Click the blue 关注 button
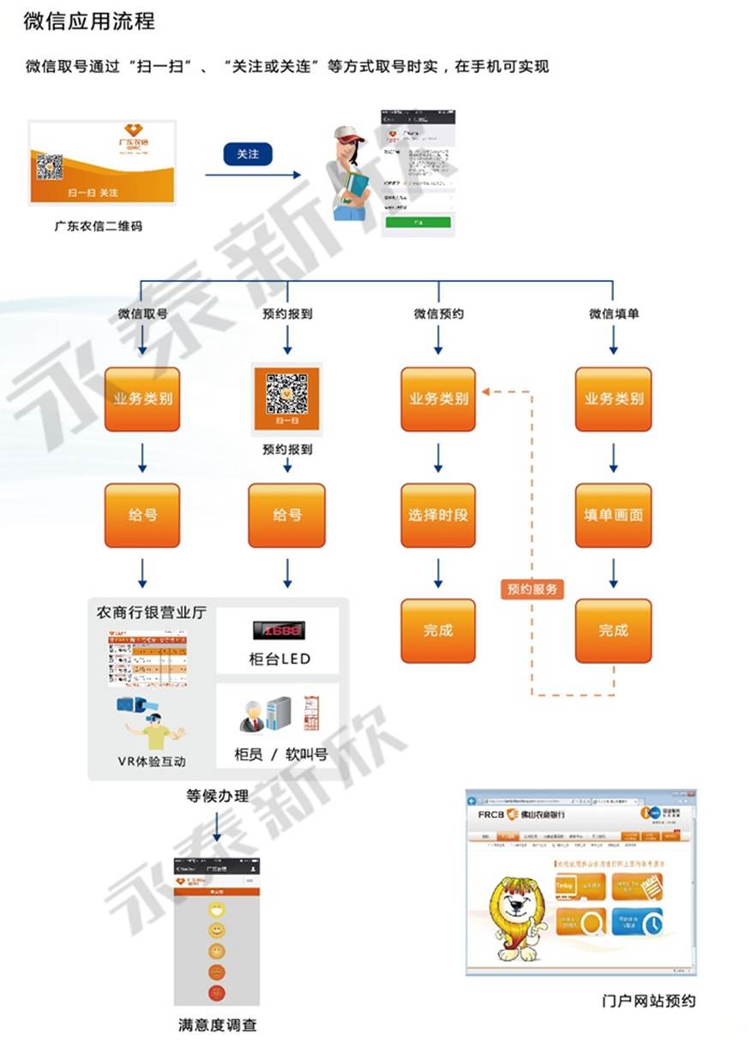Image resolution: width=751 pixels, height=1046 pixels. point(248,153)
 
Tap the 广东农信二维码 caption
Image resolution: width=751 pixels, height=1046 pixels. point(98,226)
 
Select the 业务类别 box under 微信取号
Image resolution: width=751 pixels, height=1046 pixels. point(142,399)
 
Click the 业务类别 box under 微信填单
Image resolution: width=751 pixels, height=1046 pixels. point(613,399)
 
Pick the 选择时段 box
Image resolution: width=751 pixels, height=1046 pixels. point(438,516)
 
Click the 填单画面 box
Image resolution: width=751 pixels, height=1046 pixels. point(613,516)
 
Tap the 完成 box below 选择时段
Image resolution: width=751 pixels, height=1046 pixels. point(438,631)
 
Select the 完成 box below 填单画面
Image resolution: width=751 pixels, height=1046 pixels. point(613,631)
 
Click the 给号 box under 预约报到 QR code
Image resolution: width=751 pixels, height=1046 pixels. point(287,516)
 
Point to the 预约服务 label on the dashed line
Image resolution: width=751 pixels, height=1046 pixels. point(532,589)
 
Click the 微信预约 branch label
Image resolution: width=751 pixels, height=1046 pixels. point(438,314)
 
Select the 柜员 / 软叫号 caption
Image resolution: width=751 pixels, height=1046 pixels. point(280,755)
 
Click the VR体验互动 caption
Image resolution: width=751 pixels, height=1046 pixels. point(152,761)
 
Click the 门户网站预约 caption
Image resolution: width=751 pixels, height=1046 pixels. point(649,1001)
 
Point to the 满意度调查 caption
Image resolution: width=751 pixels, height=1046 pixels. point(218,1024)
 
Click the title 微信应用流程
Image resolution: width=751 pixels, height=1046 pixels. point(89,21)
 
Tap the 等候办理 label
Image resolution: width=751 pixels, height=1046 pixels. point(218,796)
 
